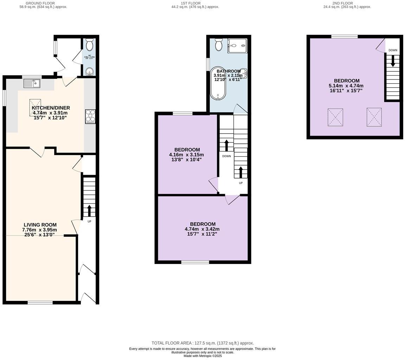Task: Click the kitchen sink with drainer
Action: click(32, 83)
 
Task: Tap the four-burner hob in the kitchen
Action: click(90, 117)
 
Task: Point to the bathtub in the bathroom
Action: click(218, 84)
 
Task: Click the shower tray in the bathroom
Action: click(237, 46)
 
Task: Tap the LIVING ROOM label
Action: click(40, 225)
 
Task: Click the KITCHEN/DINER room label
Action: click(51, 108)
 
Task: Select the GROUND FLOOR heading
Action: click(40, 3)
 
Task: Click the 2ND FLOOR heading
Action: click(342, 3)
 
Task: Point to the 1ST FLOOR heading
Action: click(191, 3)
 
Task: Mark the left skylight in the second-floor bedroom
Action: click(335, 117)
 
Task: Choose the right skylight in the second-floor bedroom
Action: click(374, 117)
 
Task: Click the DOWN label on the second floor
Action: click(393, 50)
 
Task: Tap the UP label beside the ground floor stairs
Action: click(89, 221)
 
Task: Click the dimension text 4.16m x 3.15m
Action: click(186, 155)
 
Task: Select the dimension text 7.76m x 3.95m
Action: click(39, 230)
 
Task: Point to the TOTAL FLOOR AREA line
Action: click(202, 343)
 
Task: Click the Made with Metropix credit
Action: click(202, 356)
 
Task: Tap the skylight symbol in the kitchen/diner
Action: click(35, 107)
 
